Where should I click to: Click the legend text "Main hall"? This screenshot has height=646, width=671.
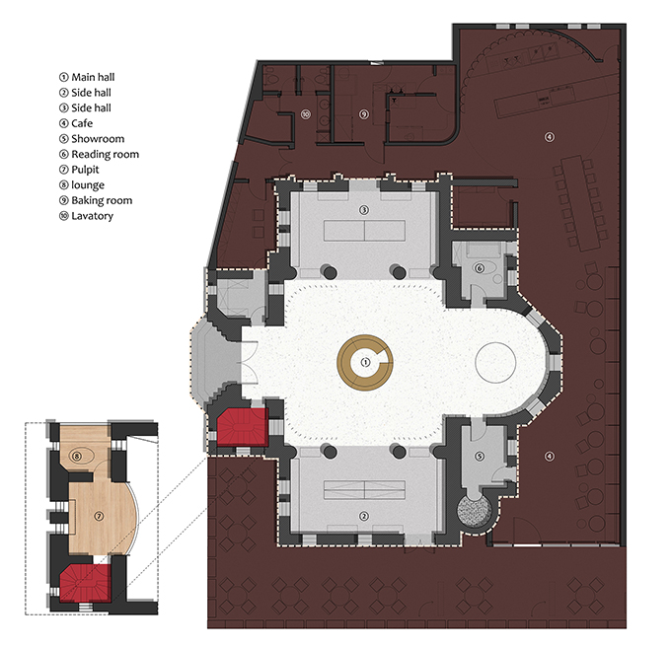point(93,77)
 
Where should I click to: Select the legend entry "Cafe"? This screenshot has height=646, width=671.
point(82,123)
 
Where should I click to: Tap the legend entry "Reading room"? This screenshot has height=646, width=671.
point(105,154)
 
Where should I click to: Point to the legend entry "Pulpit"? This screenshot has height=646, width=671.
point(85,170)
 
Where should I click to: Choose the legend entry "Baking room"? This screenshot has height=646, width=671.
point(102,200)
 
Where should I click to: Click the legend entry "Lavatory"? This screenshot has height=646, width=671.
point(92,216)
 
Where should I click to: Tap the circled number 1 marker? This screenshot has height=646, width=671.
point(365,362)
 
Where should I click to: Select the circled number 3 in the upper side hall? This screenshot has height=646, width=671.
point(364,210)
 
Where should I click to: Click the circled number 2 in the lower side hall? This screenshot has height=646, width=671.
point(364,517)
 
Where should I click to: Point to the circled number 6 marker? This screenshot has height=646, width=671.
point(480,268)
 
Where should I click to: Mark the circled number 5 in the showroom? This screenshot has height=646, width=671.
point(480,457)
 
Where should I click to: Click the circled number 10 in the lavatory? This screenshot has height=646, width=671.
point(305,114)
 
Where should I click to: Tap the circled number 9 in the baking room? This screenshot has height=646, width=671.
point(364,114)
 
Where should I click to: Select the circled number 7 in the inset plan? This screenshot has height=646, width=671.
point(99,517)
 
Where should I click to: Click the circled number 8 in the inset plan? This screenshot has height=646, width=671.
point(77,456)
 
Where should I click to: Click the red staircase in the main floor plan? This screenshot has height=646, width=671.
point(243,427)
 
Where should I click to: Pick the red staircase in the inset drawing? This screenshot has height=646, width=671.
point(85,583)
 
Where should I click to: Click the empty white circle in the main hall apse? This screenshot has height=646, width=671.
point(495,362)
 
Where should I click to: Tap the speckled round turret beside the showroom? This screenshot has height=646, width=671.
point(473,512)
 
